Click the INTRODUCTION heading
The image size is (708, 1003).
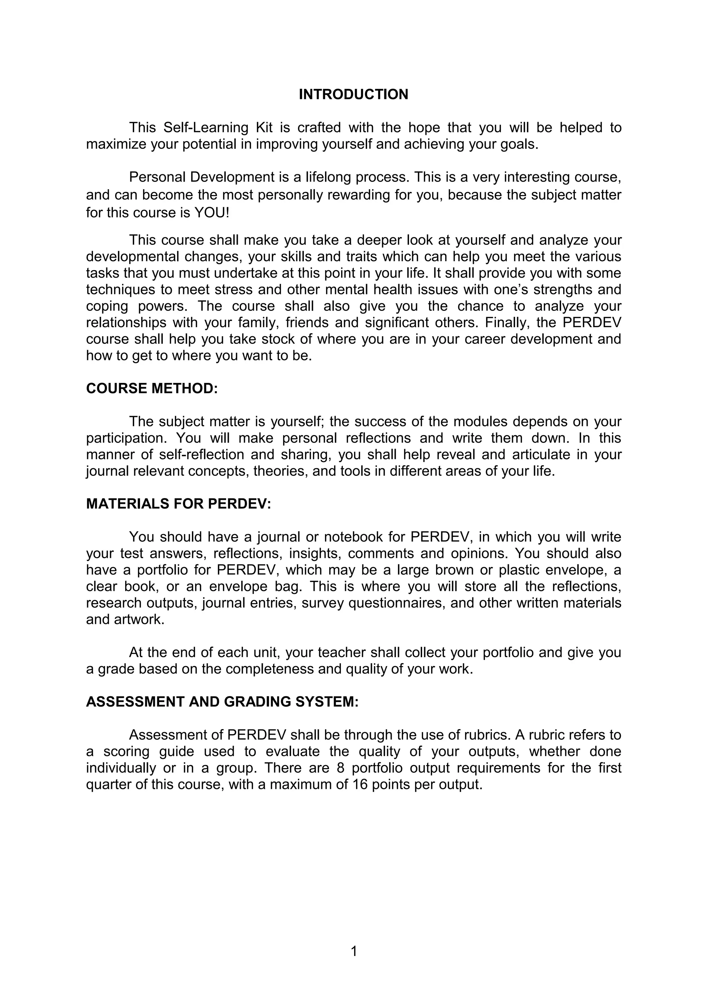[x=353, y=94]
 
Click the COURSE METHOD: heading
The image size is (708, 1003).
[x=151, y=388]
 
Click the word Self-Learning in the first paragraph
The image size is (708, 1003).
[x=212, y=128]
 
